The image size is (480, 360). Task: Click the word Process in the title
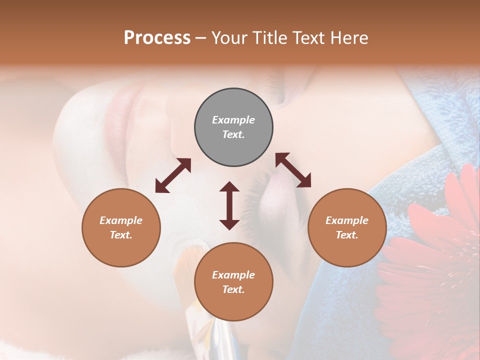(157, 38)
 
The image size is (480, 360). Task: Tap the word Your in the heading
(228, 38)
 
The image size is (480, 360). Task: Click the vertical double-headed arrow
(229, 205)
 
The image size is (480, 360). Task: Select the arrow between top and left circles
(173, 175)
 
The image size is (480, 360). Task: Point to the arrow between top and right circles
(293, 170)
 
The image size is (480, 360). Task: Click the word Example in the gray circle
(233, 120)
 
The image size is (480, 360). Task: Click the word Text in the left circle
(121, 235)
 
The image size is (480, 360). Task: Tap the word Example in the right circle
(347, 220)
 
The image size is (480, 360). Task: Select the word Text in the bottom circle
(233, 289)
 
